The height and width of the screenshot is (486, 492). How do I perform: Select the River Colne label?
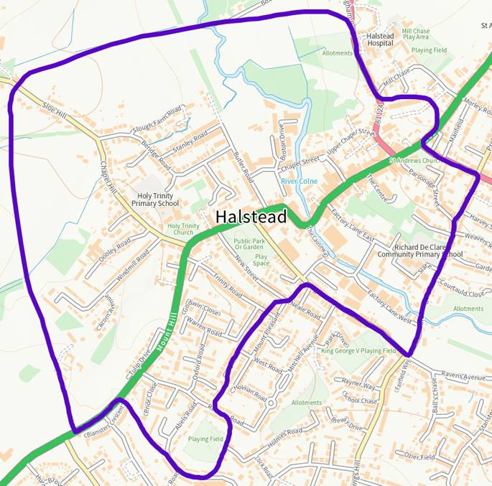click(x=299, y=182)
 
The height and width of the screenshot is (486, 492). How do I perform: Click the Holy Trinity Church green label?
click(x=183, y=229)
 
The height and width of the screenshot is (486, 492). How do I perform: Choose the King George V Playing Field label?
click(x=358, y=351)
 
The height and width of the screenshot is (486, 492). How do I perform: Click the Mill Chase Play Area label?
click(x=416, y=35)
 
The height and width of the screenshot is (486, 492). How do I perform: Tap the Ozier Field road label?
click(x=419, y=456)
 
